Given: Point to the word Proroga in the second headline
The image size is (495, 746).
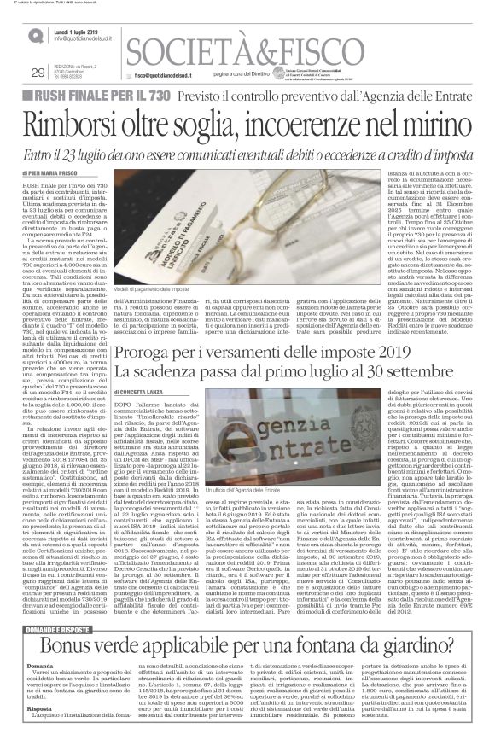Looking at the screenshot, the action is pos(159,329).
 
